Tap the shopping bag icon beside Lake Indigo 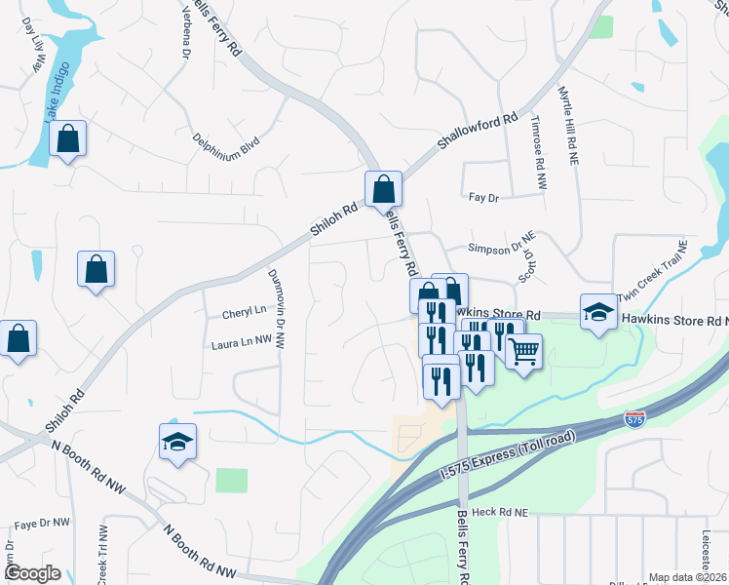(x=68, y=139)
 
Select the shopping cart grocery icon (x=524, y=352)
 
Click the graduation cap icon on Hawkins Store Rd (x=598, y=312)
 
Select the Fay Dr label (x=483, y=197)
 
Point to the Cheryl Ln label (x=244, y=311)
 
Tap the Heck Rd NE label (x=498, y=511)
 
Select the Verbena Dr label (x=183, y=35)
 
